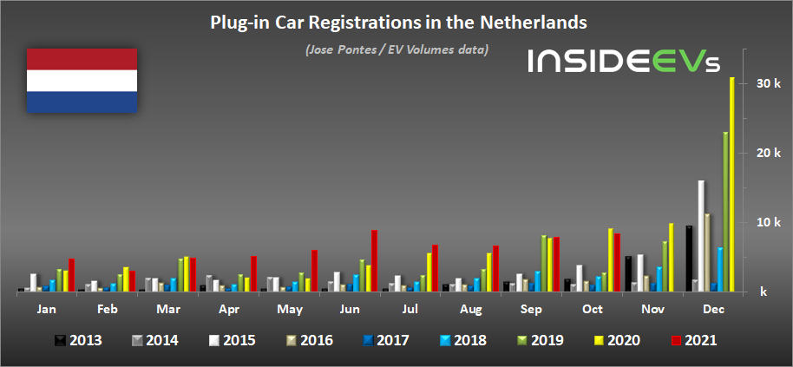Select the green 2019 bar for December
pyautogui.click(x=725, y=212)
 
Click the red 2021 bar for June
pyautogui.click(x=374, y=261)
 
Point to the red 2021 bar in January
pyautogui.click(x=71, y=275)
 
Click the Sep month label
pyautogui.click(x=530, y=309)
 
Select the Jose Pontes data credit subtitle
pyautogui.click(x=396, y=49)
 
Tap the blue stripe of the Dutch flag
pyautogui.click(x=82, y=102)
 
